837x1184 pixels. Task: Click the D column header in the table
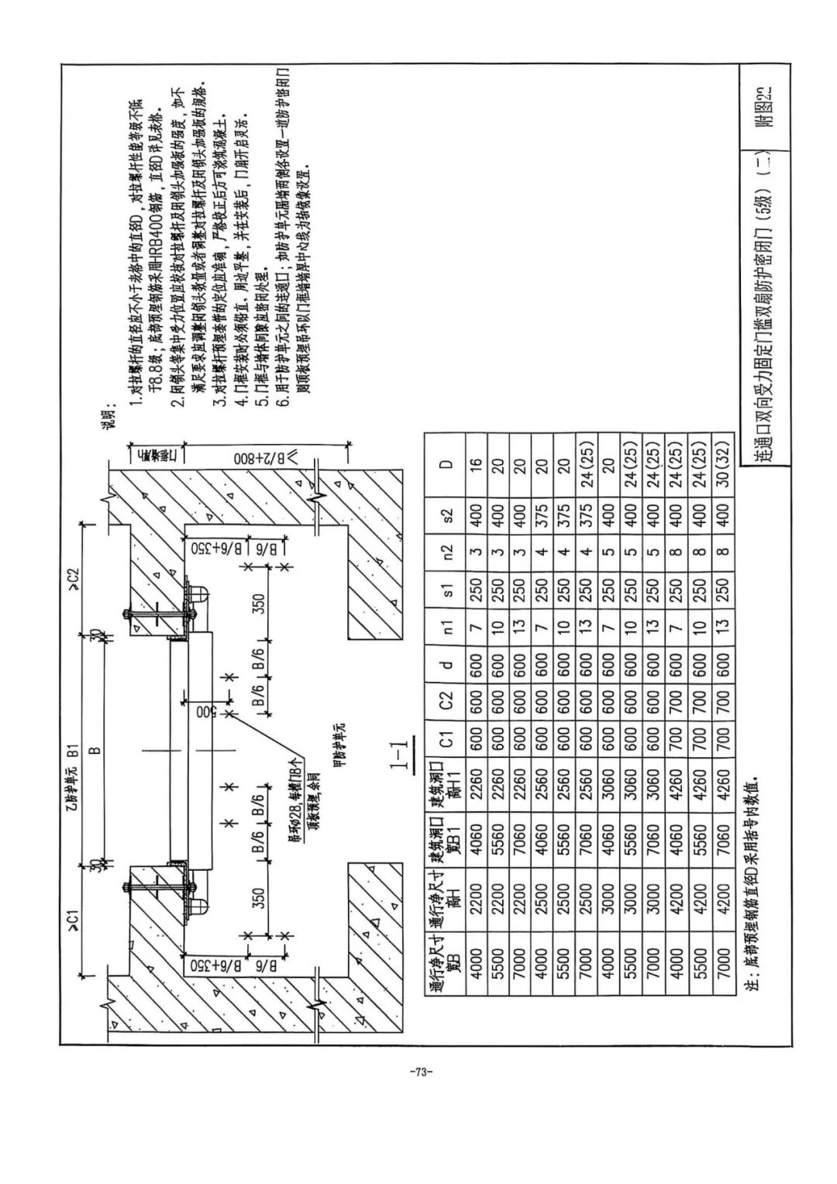pyautogui.click(x=445, y=465)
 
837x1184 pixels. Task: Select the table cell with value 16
pyautogui.click(x=477, y=465)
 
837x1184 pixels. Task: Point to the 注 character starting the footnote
pyautogui.click(x=750, y=986)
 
